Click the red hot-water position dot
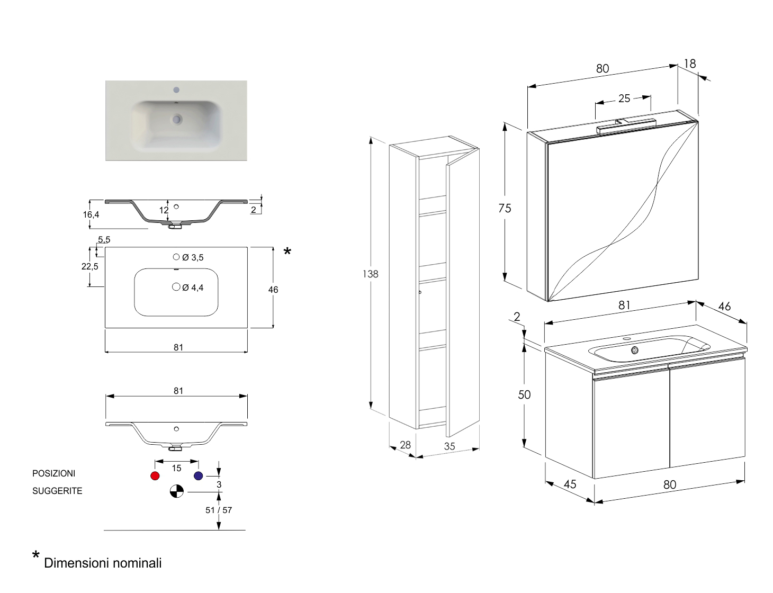tap(155, 475)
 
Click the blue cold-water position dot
tap(199, 475)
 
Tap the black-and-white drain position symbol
tap(176, 491)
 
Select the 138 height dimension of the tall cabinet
tap(371, 274)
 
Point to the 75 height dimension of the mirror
tap(505, 208)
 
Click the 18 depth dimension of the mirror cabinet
tap(689, 64)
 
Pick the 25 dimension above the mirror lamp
tap(624, 98)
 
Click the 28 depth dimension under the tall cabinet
tap(405, 445)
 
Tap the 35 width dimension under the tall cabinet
tap(450, 446)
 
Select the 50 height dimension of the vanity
tap(524, 394)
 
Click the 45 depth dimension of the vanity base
tap(570, 484)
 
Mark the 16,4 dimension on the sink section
tap(91, 214)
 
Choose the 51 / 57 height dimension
tap(219, 510)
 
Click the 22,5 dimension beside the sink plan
tap(89, 266)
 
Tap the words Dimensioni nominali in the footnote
tap(103, 563)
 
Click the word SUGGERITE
tap(57, 491)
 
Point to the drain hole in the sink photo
tap(176, 120)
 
